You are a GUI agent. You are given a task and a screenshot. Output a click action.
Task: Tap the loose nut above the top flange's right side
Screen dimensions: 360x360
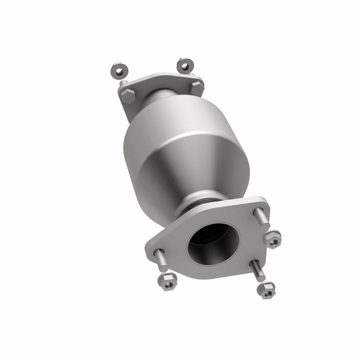click(184, 65)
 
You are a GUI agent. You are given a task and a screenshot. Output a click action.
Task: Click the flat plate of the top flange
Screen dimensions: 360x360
click(135, 101)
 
